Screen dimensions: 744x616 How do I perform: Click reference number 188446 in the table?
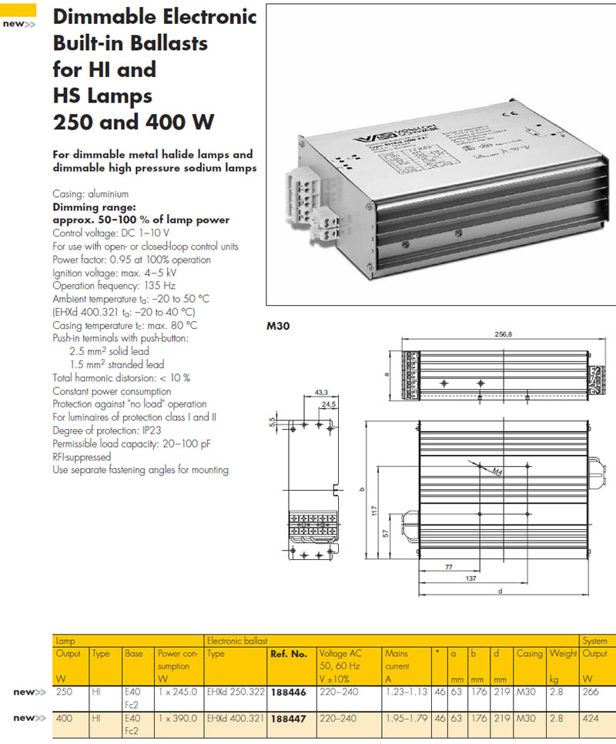pos(289,692)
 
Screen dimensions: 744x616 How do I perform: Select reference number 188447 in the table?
pos(289,718)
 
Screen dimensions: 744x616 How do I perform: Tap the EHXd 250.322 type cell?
pos(235,692)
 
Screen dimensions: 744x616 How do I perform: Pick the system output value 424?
pos(591,718)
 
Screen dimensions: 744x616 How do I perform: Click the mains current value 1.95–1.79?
pos(406,718)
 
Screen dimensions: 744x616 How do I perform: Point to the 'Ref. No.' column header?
pos(289,654)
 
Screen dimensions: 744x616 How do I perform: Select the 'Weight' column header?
pos(563,654)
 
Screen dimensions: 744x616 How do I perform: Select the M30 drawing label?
pos(276,326)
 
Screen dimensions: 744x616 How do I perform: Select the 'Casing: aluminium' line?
pos(90,194)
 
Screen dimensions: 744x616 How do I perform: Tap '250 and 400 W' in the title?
pos(133,122)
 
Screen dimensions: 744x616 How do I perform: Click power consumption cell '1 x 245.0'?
pos(178,692)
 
